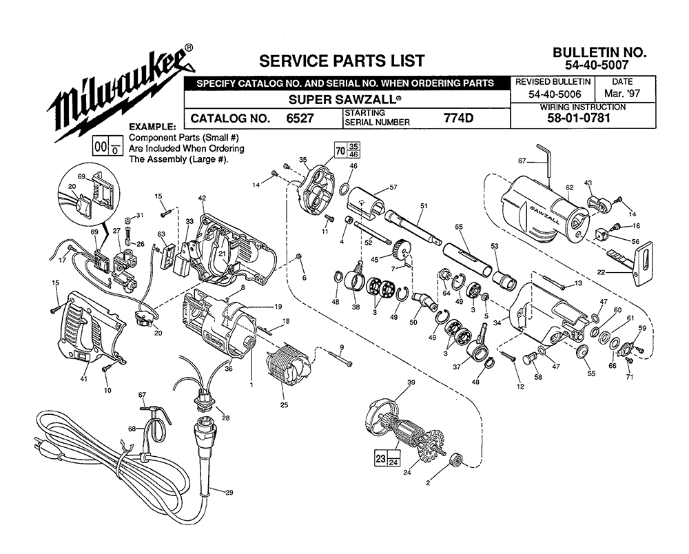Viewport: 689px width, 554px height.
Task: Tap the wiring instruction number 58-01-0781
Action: (x=579, y=118)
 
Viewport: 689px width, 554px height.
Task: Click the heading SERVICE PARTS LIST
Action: (x=342, y=61)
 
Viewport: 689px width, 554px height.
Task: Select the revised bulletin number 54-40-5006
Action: (x=555, y=94)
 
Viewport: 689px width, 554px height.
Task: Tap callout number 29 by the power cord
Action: (x=229, y=493)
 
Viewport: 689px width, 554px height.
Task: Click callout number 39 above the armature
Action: (x=411, y=382)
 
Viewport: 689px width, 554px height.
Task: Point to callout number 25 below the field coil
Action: (x=285, y=404)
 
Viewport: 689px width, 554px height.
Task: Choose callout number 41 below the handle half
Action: (x=84, y=379)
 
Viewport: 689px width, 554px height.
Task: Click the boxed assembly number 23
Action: (x=380, y=459)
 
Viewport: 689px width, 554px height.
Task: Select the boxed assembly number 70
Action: (x=340, y=151)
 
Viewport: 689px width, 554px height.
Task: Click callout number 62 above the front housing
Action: (x=570, y=187)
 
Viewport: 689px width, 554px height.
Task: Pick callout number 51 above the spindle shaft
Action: (x=424, y=205)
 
